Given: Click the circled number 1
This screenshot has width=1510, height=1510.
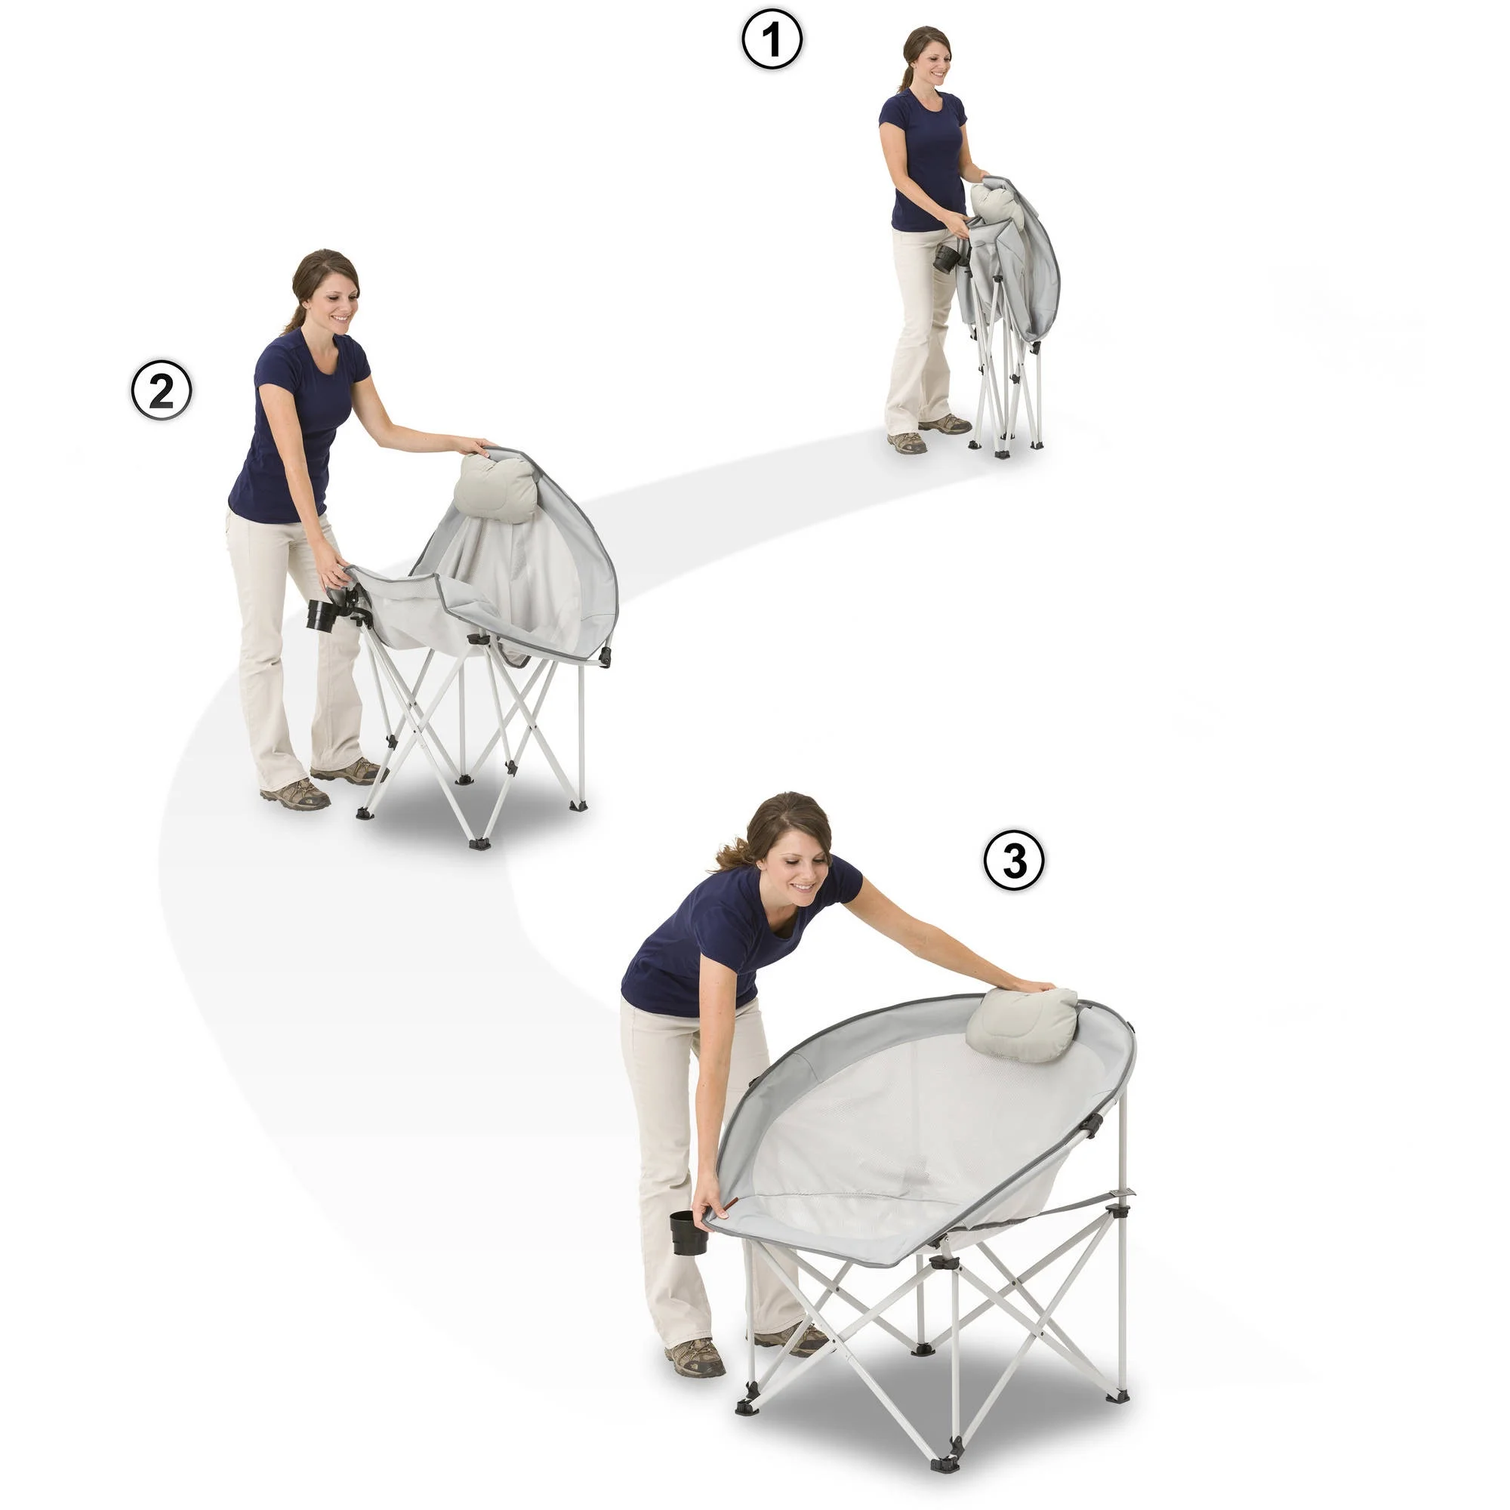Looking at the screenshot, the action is coord(772,40).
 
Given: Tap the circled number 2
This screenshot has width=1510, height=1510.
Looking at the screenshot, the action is coord(160,390).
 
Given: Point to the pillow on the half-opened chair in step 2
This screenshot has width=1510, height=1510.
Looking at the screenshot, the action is coord(495,487).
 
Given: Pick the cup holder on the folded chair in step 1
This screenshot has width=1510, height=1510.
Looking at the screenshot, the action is coord(948,259).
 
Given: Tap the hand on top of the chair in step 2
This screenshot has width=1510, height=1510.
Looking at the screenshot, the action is coord(473,446).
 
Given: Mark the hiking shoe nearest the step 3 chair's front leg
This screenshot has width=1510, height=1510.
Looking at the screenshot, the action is coord(695,1357).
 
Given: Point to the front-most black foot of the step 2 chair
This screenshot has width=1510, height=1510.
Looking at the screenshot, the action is coord(479,843).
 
